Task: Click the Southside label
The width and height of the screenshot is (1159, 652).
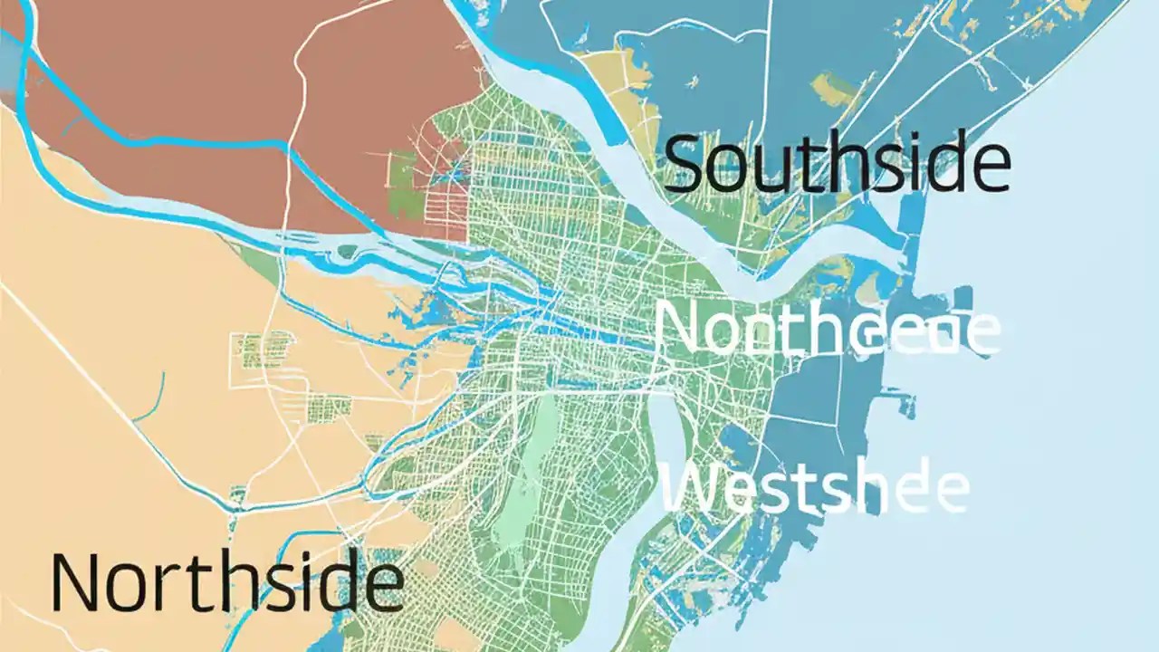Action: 838,163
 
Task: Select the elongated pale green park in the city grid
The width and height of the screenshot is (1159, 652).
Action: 540,471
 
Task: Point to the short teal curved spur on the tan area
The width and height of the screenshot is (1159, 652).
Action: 149,398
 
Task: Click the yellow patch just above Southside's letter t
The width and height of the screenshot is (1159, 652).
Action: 833,91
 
